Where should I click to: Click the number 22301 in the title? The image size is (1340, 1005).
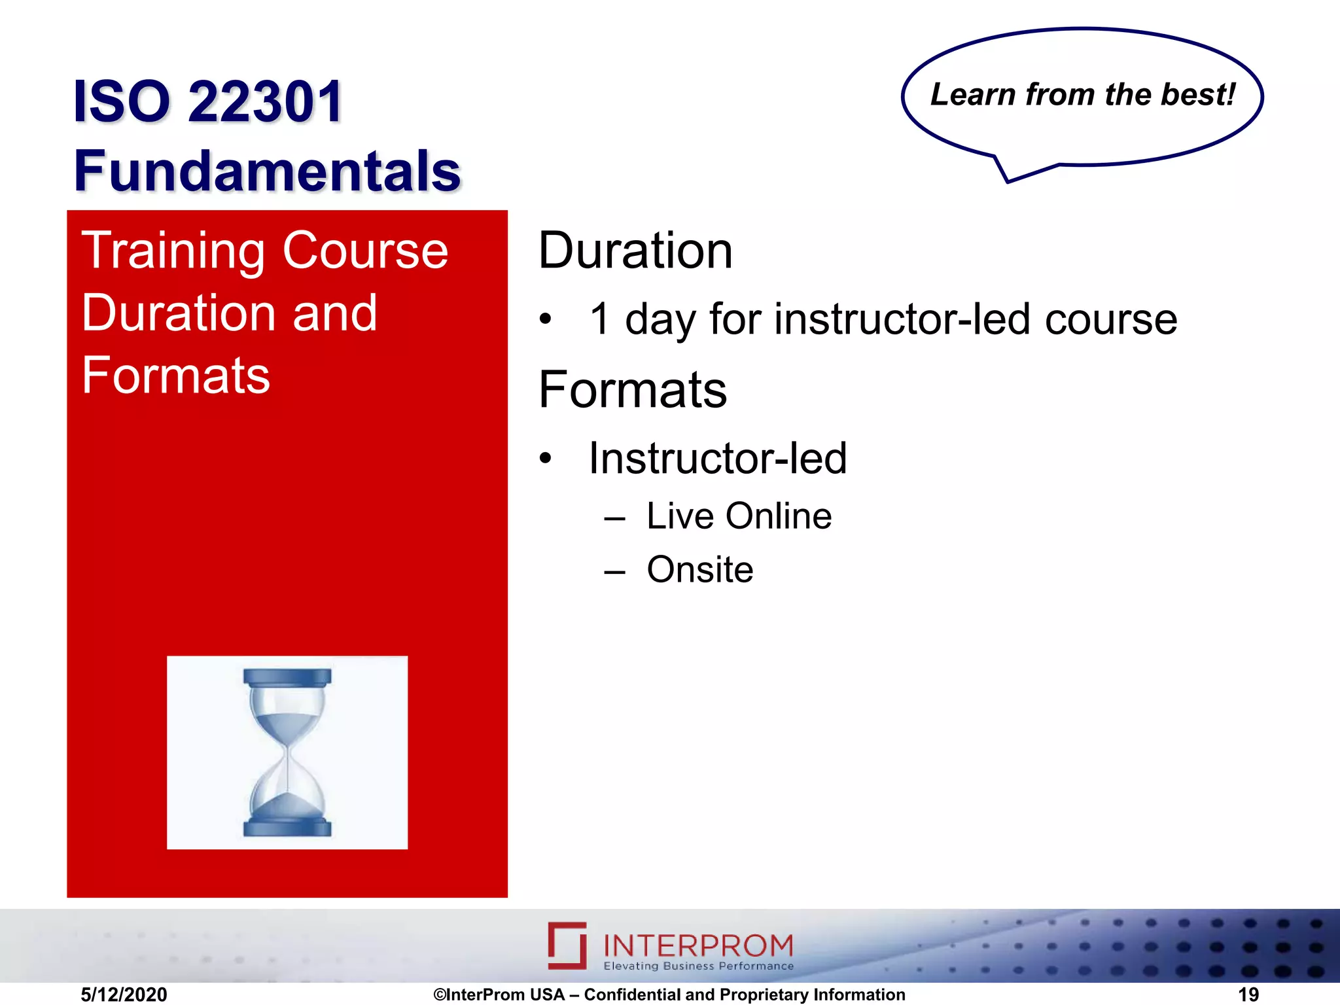pyautogui.click(x=265, y=101)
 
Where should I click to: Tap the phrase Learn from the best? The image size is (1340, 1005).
pyautogui.click(x=1082, y=94)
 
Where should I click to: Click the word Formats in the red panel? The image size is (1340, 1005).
pyautogui.click(x=175, y=376)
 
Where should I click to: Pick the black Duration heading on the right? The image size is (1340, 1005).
pyautogui.click(x=635, y=251)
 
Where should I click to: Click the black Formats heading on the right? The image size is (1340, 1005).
pyautogui.click(x=632, y=390)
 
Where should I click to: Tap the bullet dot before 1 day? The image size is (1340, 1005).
pyautogui.click(x=546, y=320)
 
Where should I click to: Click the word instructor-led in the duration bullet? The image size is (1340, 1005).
pyautogui.click(x=906, y=319)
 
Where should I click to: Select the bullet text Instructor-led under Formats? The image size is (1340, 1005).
pyautogui.click(x=717, y=458)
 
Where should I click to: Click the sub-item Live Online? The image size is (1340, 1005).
pyautogui.click(x=739, y=516)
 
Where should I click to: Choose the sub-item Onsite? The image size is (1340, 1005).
pyautogui.click(x=699, y=570)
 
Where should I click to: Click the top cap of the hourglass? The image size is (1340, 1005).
pyautogui.click(x=287, y=677)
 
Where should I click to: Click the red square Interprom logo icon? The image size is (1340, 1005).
pyautogui.click(x=567, y=945)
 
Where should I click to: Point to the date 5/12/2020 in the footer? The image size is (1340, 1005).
pyautogui.click(x=124, y=995)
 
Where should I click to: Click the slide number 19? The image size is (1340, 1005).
pyautogui.click(x=1248, y=995)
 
